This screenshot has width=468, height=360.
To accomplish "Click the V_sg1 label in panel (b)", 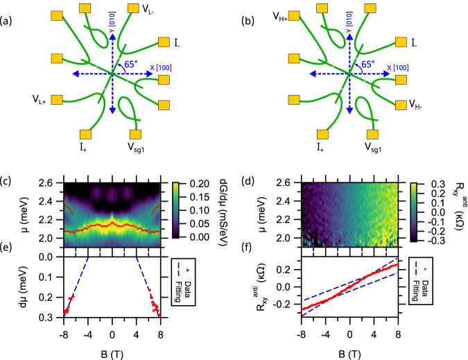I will (374, 148).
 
